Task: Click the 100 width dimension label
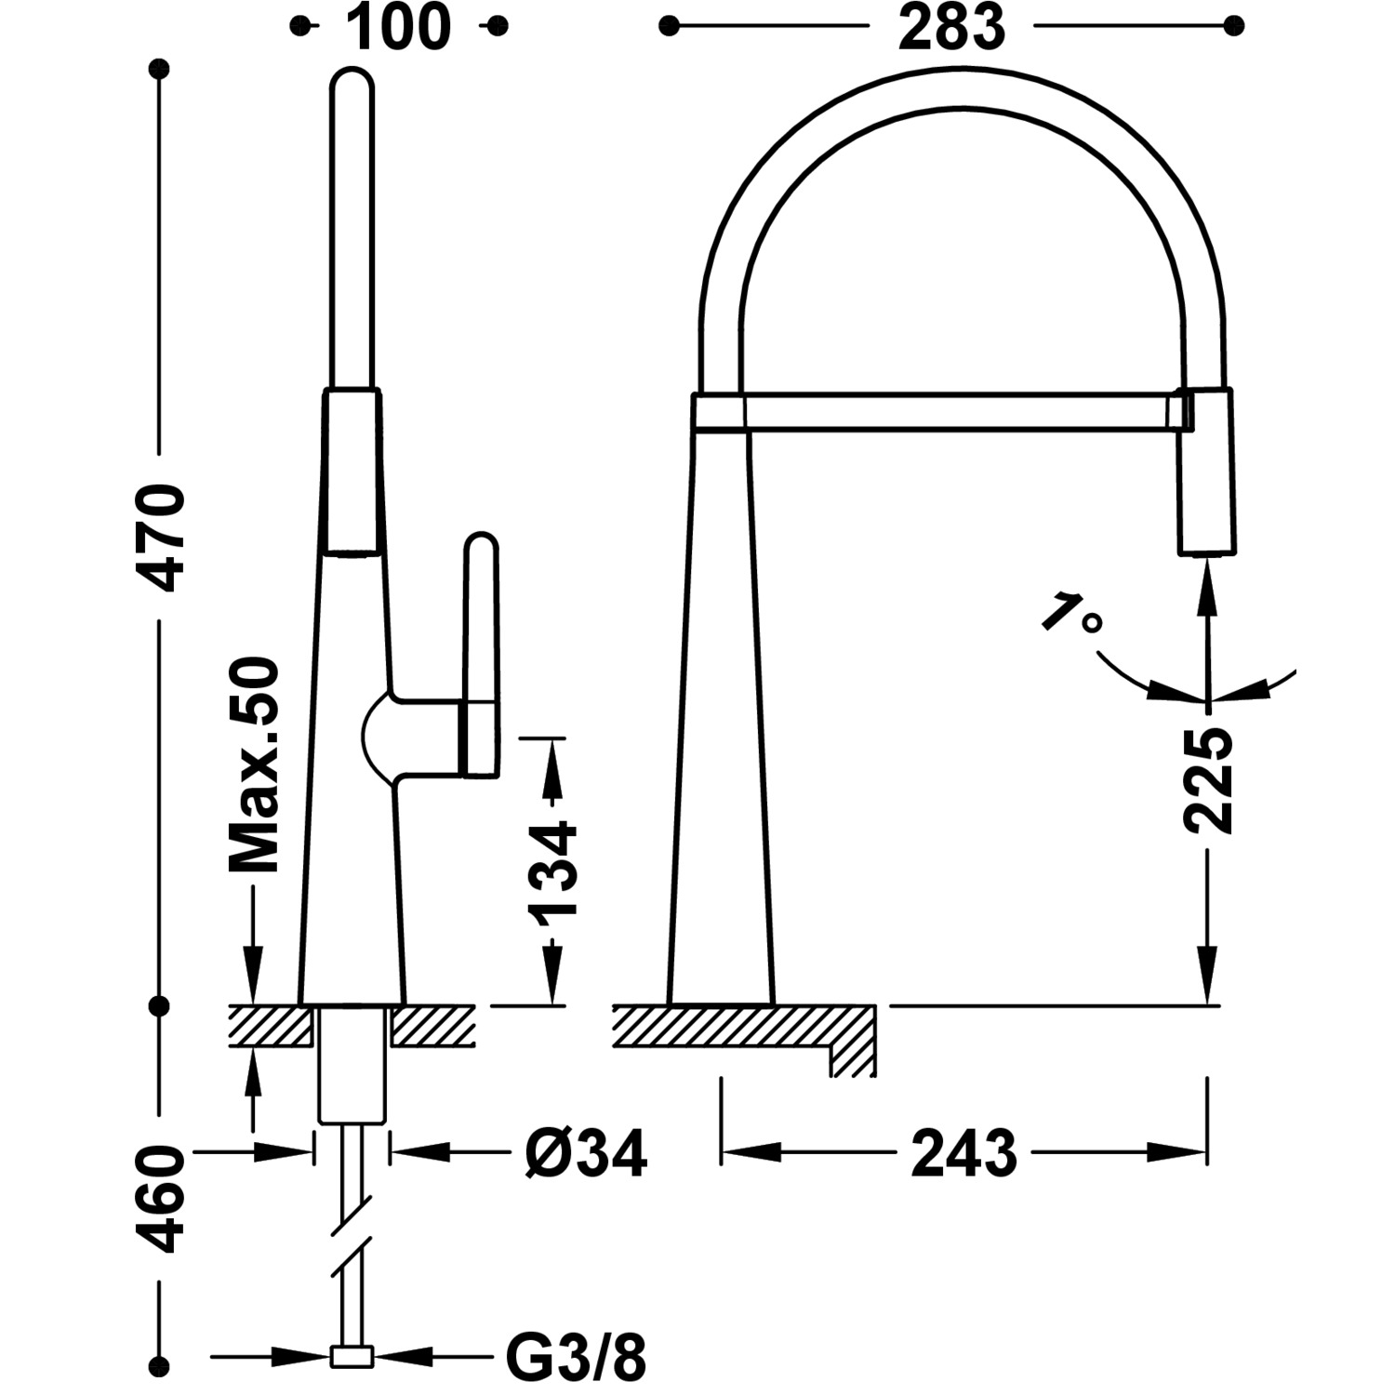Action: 398,27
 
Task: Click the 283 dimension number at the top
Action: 951,27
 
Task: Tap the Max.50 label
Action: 254,765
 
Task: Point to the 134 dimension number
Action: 553,869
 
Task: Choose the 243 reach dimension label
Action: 964,1153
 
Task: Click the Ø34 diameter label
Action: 585,1154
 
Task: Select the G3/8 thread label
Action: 576,1358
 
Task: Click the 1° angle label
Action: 1069,615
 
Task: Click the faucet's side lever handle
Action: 481,651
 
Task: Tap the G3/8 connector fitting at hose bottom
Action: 352,1358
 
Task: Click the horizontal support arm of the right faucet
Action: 958,411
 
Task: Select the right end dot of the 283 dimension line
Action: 1234,27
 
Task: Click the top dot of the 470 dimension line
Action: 161,69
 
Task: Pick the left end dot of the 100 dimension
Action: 299,27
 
